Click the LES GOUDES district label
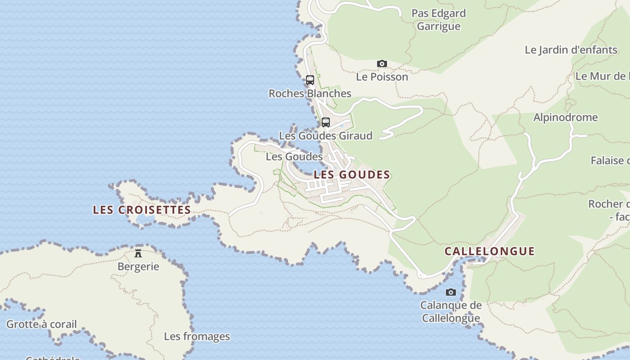tap(352, 175)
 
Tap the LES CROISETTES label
tap(142, 210)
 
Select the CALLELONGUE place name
tap(490, 251)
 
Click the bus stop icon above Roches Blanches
tap(310, 80)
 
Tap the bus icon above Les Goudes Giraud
tap(326, 122)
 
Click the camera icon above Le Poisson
tap(382, 64)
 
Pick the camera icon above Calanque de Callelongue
tap(450, 292)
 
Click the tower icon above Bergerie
tap(138, 253)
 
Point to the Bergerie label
tap(138, 266)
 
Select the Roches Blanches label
tap(310, 94)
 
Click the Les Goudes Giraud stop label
tap(326, 136)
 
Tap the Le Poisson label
tap(382, 77)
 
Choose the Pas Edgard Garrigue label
tap(439, 20)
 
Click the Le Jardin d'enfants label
tap(571, 50)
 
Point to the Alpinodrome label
tap(566, 117)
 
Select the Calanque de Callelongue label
tap(451, 312)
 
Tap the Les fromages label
tap(197, 337)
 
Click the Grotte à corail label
tap(41, 324)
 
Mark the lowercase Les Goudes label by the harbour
tap(294, 157)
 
